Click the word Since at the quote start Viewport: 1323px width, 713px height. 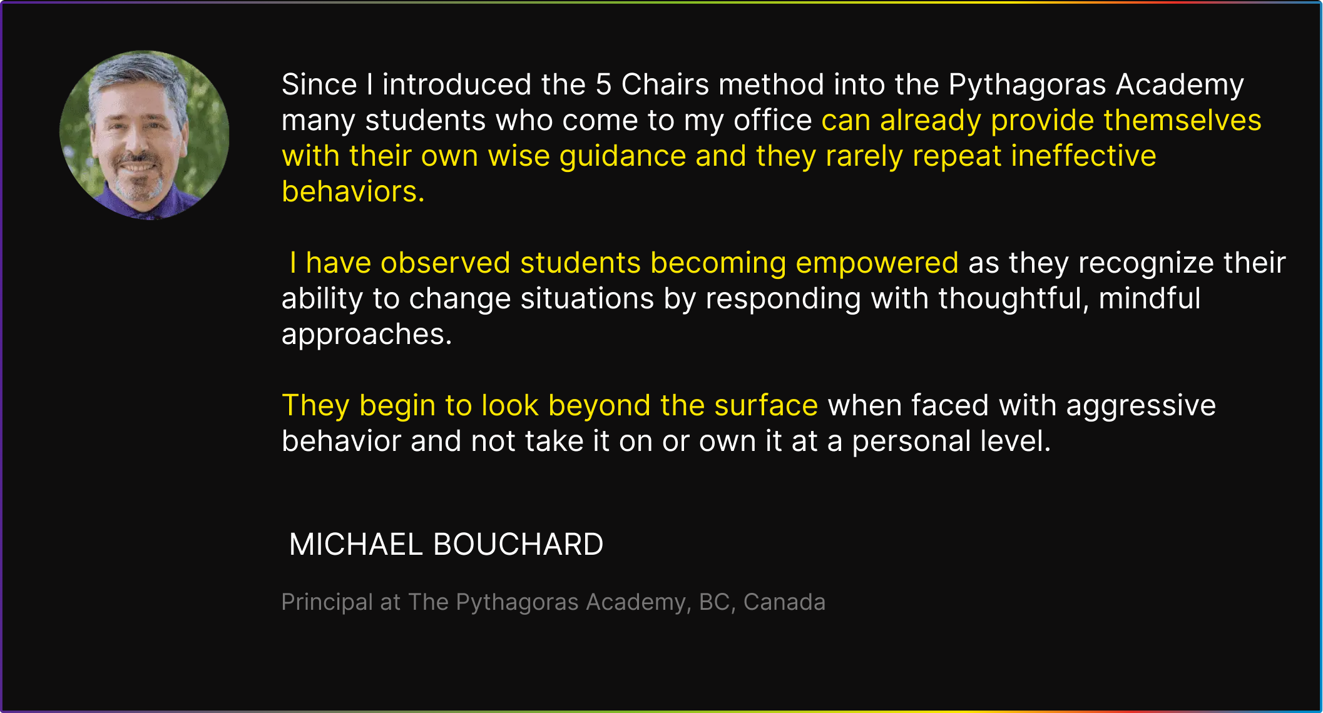click(x=319, y=84)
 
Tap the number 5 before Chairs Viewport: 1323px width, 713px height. click(x=603, y=84)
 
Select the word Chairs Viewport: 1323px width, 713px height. click(x=665, y=84)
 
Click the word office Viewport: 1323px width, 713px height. click(x=773, y=120)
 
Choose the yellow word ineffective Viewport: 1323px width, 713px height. click(x=1084, y=156)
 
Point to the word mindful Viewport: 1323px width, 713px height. click(x=1150, y=298)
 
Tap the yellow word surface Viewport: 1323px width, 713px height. click(x=766, y=405)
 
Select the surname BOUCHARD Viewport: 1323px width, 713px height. click(x=518, y=544)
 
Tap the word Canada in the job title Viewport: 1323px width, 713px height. click(x=784, y=602)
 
